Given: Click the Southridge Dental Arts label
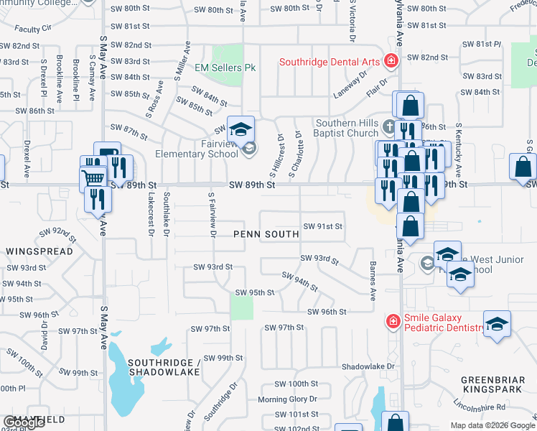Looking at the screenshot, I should click(330, 61).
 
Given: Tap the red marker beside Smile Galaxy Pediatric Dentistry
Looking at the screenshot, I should click(393, 321).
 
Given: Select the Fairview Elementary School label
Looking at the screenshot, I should click(197, 149).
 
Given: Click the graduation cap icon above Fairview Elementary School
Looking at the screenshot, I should click(241, 129).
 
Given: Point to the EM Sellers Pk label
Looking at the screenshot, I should click(225, 68).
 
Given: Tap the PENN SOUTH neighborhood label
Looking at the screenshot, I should click(266, 234).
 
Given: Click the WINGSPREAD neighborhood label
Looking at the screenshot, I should click(39, 251).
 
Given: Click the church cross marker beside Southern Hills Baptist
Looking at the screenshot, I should click(389, 127).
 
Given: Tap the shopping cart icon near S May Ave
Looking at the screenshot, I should click(93, 177).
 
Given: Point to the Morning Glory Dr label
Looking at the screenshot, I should click(282, 399).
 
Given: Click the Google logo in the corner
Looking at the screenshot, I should click(24, 422).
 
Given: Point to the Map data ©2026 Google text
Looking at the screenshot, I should click(492, 425).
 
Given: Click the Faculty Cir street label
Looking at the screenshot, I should click(33, 29).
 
